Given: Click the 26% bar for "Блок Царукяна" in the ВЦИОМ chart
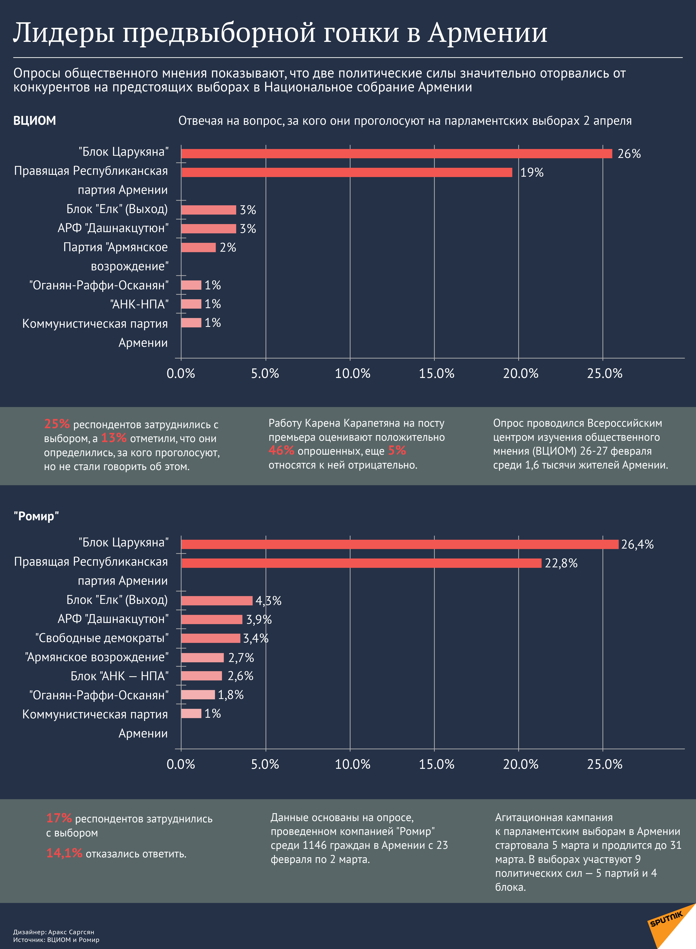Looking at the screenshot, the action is [x=396, y=153].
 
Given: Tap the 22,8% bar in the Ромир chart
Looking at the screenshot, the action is [x=361, y=563].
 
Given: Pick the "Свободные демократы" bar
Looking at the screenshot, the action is [x=211, y=638].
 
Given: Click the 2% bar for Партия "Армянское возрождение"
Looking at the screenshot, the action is [x=198, y=247].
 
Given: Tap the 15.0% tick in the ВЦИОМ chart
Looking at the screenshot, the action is [x=437, y=373].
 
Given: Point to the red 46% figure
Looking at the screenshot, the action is [x=281, y=450].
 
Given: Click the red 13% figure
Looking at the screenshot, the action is [x=114, y=438].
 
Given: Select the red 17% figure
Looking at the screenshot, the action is [x=59, y=818].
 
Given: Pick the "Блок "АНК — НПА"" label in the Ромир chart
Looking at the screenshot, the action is [x=120, y=676].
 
